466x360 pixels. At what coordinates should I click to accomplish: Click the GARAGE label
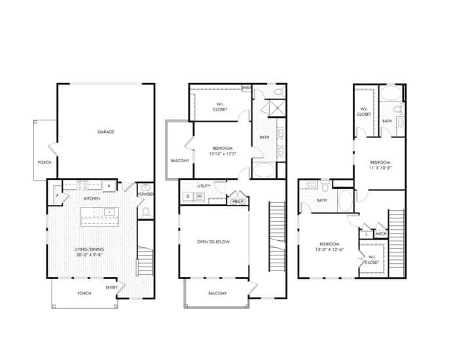[106, 132]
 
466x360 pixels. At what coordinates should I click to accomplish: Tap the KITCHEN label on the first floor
[91, 198]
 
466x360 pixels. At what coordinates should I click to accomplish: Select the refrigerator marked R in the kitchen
[109, 185]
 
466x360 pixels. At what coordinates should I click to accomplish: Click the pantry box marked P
[58, 196]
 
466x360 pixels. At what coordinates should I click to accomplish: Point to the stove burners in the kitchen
[83, 185]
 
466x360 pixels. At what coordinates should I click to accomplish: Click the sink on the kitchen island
[107, 212]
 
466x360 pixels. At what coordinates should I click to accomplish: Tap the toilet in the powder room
[146, 211]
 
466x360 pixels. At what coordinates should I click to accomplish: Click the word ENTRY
[112, 287]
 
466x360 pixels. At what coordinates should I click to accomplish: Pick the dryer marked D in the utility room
[188, 196]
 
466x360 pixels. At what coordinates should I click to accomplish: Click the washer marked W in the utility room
[200, 196]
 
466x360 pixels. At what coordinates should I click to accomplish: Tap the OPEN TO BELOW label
[213, 242]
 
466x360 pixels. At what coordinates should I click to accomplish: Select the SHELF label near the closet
[247, 88]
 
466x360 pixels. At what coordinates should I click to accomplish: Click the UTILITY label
[204, 186]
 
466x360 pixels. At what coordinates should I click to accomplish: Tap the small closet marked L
[367, 233]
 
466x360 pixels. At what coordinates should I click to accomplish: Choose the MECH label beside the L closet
[381, 233]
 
